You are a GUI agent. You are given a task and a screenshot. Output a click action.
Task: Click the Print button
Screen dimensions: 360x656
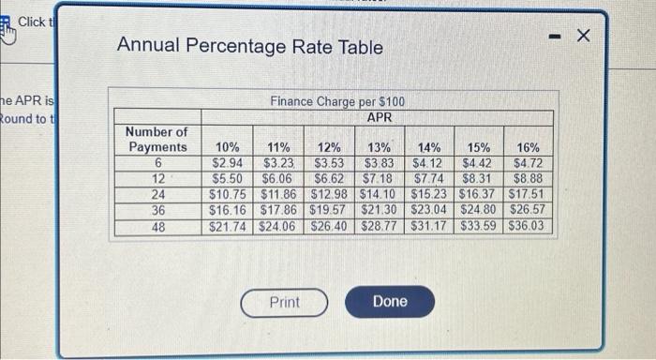[284, 302]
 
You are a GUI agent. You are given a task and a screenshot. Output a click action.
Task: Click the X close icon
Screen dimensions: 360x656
[584, 36]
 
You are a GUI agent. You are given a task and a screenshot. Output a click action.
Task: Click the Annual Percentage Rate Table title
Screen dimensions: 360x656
[249, 46]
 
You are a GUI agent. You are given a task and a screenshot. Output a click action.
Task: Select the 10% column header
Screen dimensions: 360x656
[227, 147]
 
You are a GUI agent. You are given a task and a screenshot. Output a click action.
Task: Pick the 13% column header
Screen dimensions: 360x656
[378, 147]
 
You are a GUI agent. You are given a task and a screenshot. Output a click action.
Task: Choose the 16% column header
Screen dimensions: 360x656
[529, 147]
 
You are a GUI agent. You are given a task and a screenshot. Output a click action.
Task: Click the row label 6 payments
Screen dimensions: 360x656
[157, 163]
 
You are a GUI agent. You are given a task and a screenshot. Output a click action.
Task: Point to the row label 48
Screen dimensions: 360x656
[157, 227]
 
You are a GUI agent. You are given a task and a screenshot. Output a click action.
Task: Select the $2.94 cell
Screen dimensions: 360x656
[227, 163]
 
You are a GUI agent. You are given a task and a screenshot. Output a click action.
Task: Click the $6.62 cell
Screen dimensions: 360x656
[328, 179]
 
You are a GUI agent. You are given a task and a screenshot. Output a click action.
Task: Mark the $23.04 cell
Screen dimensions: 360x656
[430, 211]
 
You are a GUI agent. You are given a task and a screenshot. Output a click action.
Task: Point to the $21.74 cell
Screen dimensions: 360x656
[227, 227]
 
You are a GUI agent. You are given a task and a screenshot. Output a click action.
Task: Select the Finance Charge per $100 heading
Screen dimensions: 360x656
[337, 101]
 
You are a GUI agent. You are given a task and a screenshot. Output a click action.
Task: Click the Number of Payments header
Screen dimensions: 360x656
[157, 140]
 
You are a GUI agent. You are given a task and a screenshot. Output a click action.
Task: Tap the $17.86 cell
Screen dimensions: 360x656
[277, 211]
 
